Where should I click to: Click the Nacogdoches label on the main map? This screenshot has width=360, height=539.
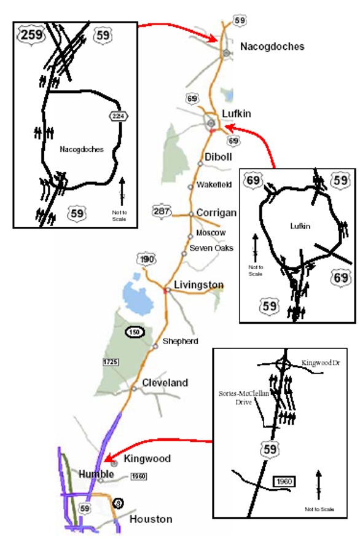[272, 47]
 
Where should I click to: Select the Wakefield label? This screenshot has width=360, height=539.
[212, 185]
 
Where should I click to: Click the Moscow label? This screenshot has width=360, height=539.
[211, 233]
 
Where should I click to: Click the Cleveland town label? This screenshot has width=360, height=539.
[165, 382]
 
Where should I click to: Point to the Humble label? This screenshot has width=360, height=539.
[96, 474]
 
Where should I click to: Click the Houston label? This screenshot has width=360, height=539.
[151, 519]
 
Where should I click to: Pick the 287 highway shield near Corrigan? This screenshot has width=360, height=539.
[161, 212]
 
